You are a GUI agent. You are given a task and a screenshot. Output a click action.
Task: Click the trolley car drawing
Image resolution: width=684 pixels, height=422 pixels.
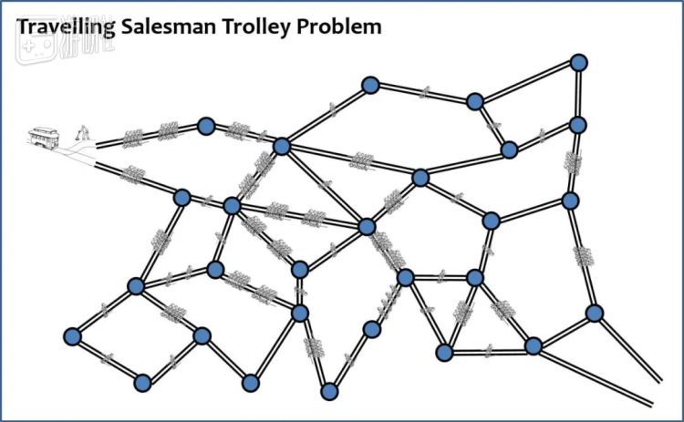(x=44, y=138)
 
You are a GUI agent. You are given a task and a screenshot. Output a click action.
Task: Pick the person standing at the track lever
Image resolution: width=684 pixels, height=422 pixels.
(x=83, y=133)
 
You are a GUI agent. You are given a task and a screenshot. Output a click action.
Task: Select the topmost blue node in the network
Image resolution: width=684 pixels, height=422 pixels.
(x=577, y=62)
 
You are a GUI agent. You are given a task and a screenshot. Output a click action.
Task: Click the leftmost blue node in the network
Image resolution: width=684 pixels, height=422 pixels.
(x=73, y=337)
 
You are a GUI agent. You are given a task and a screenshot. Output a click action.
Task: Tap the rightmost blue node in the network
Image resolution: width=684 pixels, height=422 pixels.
(x=595, y=313)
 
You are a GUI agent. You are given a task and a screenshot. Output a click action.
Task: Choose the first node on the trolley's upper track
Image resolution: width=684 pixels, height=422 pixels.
(x=206, y=126)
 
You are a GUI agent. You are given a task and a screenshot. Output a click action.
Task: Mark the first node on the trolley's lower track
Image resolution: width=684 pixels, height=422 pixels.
(x=181, y=197)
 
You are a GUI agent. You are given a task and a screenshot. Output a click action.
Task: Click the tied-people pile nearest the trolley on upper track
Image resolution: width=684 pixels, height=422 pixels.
(x=133, y=138)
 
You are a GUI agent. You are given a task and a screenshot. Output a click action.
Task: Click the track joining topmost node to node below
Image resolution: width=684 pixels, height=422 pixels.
(x=577, y=93)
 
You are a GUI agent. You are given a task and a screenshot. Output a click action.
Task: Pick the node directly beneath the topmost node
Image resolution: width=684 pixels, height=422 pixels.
(x=577, y=125)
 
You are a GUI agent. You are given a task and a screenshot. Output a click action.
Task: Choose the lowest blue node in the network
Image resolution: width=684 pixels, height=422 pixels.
(x=329, y=391)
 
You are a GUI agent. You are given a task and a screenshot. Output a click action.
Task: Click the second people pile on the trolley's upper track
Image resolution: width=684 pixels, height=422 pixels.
(x=168, y=132)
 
